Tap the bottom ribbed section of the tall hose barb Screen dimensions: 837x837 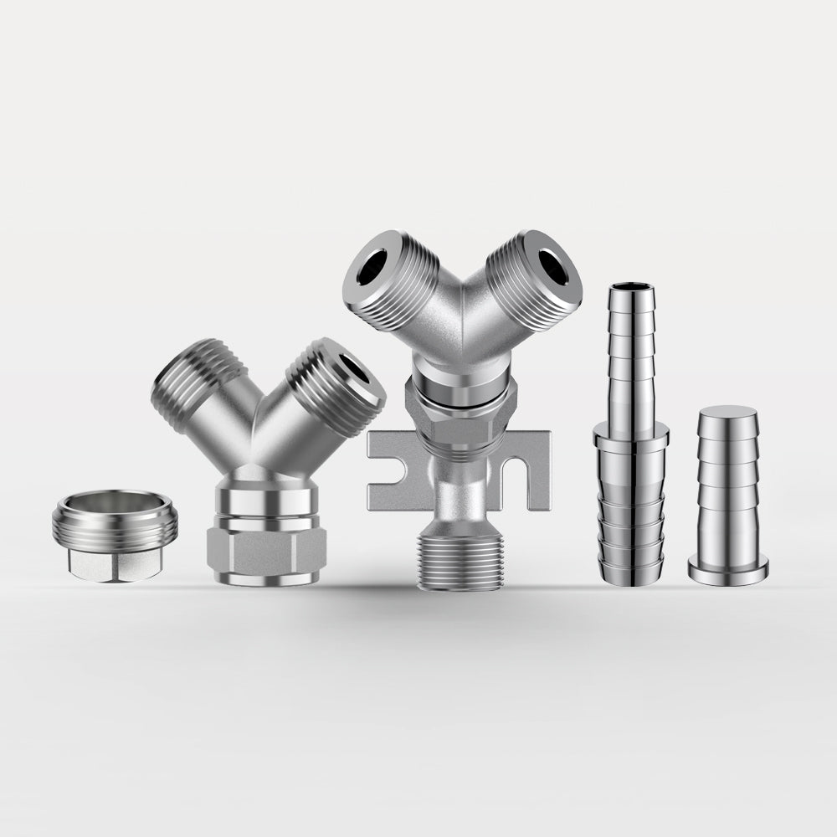632,536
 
